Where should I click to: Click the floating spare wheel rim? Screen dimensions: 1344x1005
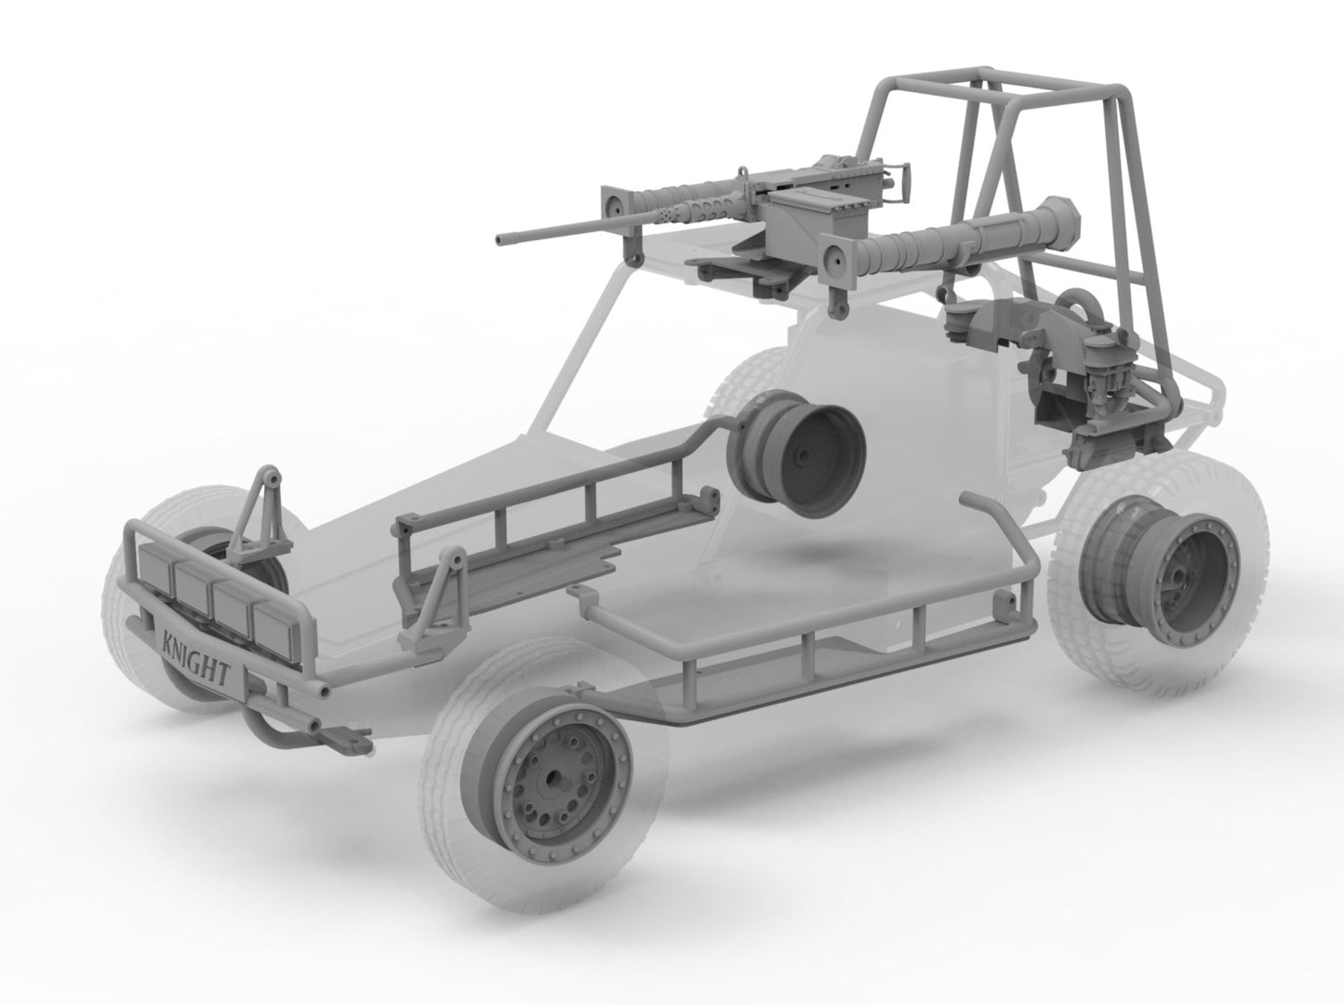(x=796, y=454)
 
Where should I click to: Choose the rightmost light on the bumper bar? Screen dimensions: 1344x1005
(x=273, y=624)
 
